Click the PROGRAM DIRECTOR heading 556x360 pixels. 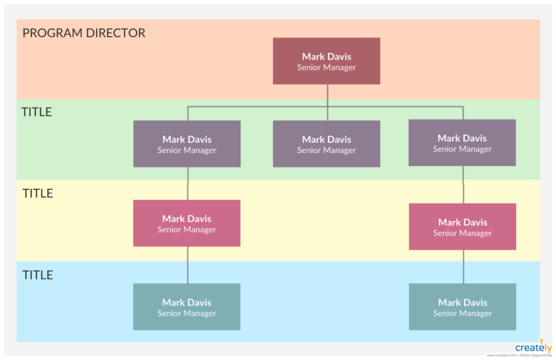(x=83, y=33)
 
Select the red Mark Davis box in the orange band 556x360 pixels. (x=327, y=61)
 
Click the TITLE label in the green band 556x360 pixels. (x=36, y=112)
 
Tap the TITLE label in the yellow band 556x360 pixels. (x=38, y=193)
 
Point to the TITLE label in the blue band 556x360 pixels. (x=38, y=275)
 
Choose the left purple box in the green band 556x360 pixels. (x=187, y=144)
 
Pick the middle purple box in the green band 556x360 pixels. (x=327, y=144)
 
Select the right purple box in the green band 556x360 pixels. (x=462, y=143)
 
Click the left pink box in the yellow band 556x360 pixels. (x=187, y=223)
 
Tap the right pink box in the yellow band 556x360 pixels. (x=463, y=227)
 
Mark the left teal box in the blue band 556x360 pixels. (x=187, y=307)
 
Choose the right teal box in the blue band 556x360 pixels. (x=463, y=307)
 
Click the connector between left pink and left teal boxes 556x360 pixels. (x=188, y=265)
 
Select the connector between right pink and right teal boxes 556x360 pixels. (x=463, y=267)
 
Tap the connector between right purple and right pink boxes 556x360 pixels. (x=463, y=185)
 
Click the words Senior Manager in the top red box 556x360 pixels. (x=327, y=67)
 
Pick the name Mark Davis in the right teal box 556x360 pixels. (x=463, y=302)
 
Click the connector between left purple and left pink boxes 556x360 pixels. (x=188, y=183)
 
